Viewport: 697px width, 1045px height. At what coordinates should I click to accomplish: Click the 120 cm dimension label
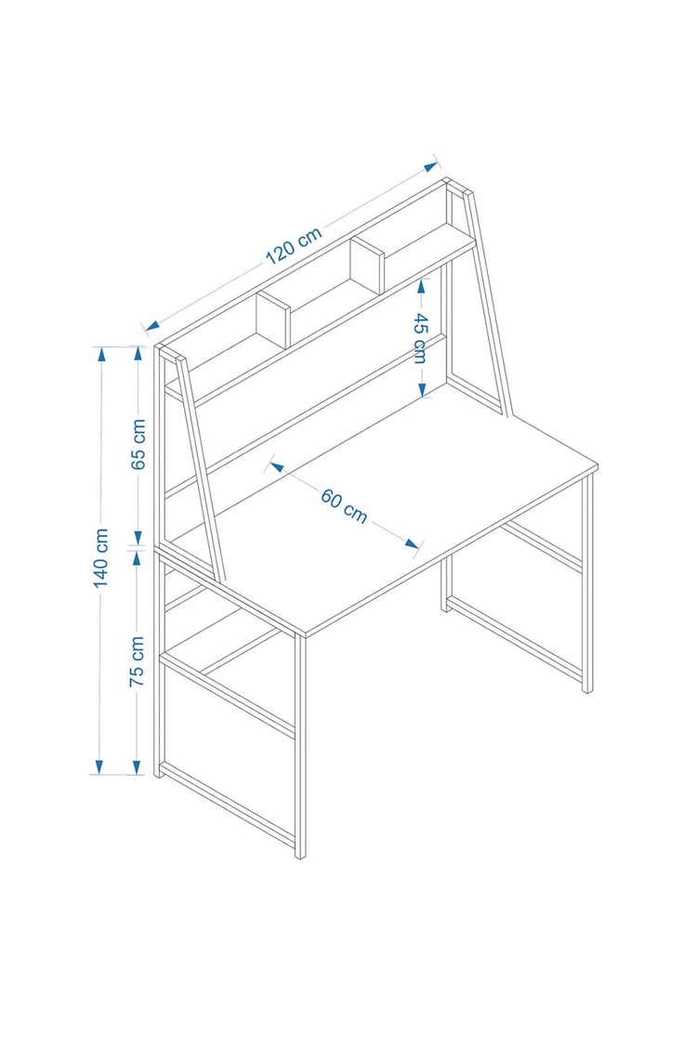pyautogui.click(x=295, y=245)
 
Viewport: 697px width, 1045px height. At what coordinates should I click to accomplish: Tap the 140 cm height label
pyautogui.click(x=100, y=558)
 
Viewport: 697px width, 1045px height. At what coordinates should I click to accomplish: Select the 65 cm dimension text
pyautogui.click(x=138, y=444)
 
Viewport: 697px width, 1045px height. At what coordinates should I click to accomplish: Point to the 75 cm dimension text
pyautogui.click(x=137, y=661)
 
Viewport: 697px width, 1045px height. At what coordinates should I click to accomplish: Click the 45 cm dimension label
pyautogui.click(x=420, y=338)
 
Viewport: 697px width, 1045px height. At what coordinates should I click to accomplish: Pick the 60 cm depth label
pyautogui.click(x=344, y=506)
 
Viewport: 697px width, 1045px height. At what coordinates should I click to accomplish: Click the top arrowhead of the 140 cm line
pyautogui.click(x=101, y=354)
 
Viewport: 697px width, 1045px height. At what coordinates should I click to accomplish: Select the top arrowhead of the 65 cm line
pyautogui.click(x=138, y=354)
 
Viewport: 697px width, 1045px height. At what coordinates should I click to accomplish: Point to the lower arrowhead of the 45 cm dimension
pyautogui.click(x=422, y=389)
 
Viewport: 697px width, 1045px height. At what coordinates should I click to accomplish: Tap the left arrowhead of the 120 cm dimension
pyautogui.click(x=152, y=326)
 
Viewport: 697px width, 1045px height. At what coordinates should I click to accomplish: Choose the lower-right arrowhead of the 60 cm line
pyautogui.click(x=412, y=543)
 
